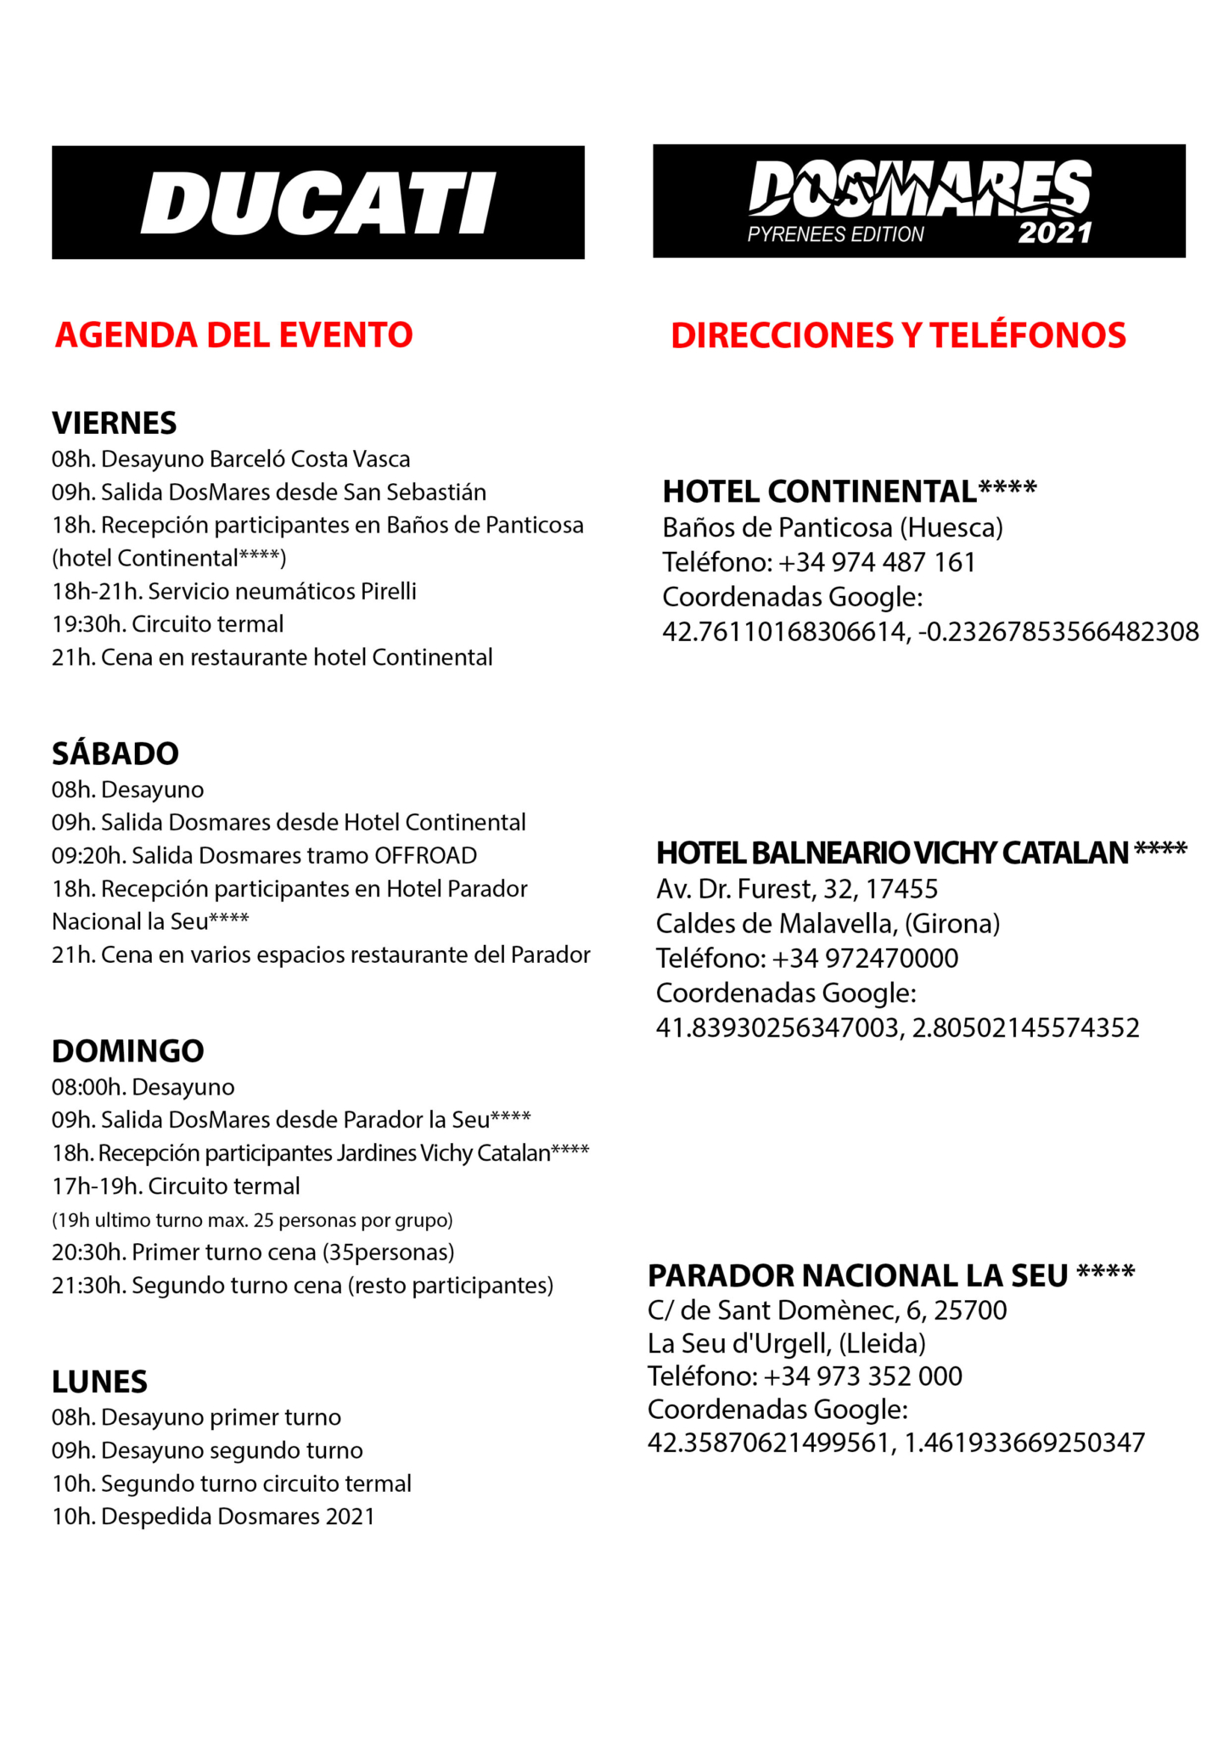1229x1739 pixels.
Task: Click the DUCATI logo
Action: coord(318,203)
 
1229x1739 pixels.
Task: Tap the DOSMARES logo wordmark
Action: coord(919,188)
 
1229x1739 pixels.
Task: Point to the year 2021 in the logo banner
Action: coord(1055,234)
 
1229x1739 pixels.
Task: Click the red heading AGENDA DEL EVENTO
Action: coord(234,335)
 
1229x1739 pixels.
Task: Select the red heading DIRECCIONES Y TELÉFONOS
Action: coord(898,335)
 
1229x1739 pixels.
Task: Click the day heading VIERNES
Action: coord(115,423)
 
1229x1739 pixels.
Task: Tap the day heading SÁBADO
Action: coord(115,753)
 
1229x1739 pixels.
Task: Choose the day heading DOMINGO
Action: coord(128,1051)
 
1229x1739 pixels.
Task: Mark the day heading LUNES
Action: coord(99,1382)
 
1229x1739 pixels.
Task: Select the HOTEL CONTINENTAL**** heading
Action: coord(850,492)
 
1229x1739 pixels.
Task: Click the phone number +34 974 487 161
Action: coord(877,562)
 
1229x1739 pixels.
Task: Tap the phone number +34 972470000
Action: coord(866,958)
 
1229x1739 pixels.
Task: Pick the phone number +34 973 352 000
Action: coord(863,1376)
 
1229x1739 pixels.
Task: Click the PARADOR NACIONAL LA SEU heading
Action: coord(891,1275)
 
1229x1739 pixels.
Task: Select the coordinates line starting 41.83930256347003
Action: coord(897,1027)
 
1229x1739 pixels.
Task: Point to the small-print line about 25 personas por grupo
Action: coord(252,1220)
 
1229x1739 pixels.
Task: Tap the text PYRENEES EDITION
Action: coord(835,234)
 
